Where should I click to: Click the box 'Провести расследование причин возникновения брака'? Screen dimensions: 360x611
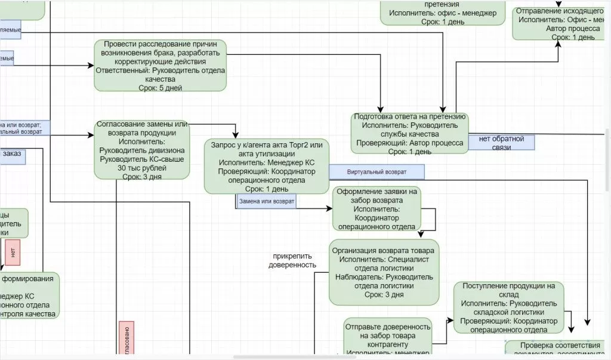coord(161,65)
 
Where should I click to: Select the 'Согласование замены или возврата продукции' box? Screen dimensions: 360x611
coord(142,149)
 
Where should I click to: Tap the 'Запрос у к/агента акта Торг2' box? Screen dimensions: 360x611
coord(267,167)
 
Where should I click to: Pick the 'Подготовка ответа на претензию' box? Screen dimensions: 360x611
coord(410,134)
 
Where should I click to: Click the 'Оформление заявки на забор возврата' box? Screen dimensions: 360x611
coord(376,208)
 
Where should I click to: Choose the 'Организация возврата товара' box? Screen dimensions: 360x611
coord(384,272)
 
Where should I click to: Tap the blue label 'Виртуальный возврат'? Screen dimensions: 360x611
coord(377,172)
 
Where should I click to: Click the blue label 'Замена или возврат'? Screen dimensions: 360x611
coord(266,202)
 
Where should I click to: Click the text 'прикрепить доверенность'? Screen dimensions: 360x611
coord(292,260)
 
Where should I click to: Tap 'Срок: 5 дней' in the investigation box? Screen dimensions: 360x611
coord(160,87)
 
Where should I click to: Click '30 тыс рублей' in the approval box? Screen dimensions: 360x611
coord(142,168)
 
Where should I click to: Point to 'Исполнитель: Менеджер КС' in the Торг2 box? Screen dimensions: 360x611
coord(266,162)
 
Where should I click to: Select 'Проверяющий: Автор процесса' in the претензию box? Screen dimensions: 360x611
coord(410,143)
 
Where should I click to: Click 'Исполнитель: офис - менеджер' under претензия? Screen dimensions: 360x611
coord(442,13)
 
